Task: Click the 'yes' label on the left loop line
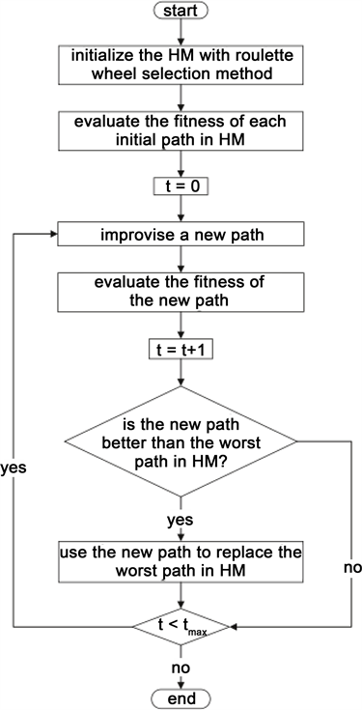15,465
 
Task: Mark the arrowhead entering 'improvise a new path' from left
54,235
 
